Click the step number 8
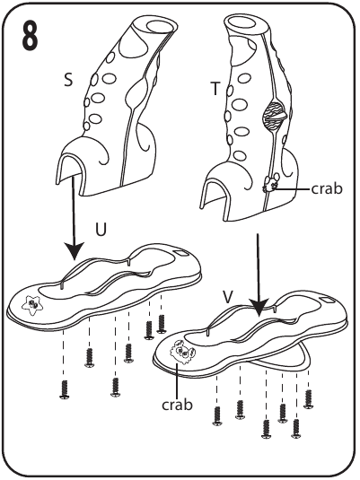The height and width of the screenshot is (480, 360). pyautogui.click(x=30, y=36)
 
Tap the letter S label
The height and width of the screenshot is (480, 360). pyautogui.click(x=68, y=80)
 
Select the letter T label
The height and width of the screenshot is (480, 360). pyautogui.click(x=215, y=89)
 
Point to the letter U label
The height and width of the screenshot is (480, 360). pyautogui.click(x=101, y=230)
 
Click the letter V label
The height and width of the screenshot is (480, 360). pyautogui.click(x=228, y=296)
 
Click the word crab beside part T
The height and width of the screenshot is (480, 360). pyautogui.click(x=327, y=189)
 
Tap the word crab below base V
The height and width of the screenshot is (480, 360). pyautogui.click(x=178, y=405)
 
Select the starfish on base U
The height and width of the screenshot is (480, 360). pyautogui.click(x=31, y=305)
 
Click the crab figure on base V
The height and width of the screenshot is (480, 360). pyautogui.click(x=182, y=353)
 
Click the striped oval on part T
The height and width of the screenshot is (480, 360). pyautogui.click(x=274, y=117)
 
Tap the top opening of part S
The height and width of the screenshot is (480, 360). pyautogui.click(x=160, y=25)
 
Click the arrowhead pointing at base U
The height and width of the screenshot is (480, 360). pyautogui.click(x=74, y=250)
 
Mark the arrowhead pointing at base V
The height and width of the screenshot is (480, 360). pyautogui.click(x=259, y=307)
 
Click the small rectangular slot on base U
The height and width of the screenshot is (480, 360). pyautogui.click(x=181, y=253)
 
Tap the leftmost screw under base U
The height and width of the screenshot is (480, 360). pyautogui.click(x=65, y=389)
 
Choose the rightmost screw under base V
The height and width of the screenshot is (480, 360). pyautogui.click(x=308, y=399)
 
